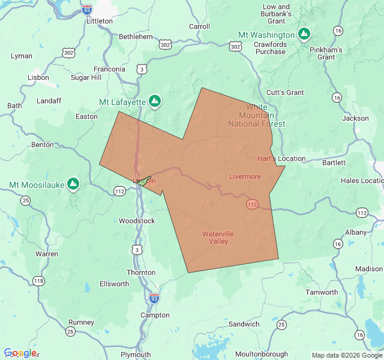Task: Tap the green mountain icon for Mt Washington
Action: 304,34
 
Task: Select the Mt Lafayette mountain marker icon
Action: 155,101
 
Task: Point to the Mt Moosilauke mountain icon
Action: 73,184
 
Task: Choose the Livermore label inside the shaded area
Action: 245,176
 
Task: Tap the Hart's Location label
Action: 281,159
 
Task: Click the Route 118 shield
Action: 39,281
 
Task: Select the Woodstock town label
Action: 137,221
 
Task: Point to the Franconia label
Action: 109,69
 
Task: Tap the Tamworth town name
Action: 322,292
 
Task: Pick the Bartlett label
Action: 334,163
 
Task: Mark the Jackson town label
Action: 355,118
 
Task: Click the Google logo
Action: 20,353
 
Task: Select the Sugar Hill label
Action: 86,78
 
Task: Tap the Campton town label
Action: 155,315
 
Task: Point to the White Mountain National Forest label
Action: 257,115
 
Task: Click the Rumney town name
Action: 81,322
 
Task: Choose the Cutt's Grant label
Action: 285,92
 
